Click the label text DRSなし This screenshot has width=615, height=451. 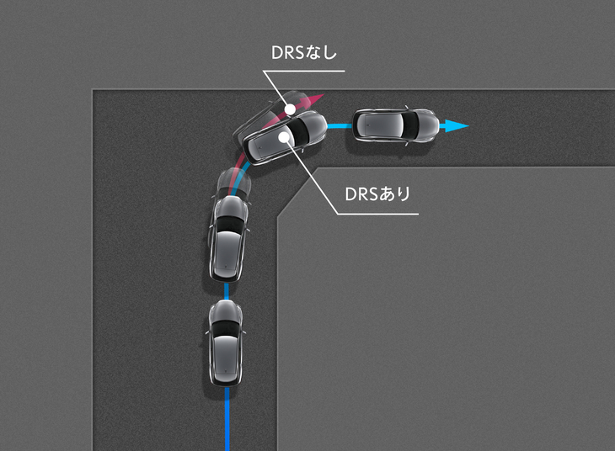point(304,53)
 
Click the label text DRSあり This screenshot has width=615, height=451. point(377,194)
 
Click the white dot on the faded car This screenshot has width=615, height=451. point(290,109)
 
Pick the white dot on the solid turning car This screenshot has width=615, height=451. point(284,137)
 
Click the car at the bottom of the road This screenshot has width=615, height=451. point(225,342)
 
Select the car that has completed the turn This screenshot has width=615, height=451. point(396,125)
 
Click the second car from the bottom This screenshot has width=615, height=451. point(228,238)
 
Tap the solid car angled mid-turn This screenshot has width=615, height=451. point(285,137)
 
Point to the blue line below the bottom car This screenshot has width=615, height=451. point(227,418)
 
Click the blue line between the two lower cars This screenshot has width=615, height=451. point(227,291)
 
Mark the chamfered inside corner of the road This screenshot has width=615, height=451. point(297,192)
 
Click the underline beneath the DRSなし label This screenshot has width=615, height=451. point(303,71)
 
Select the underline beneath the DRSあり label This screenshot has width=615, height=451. point(377,214)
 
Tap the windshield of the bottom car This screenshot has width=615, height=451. point(225,327)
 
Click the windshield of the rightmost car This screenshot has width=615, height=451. point(410,125)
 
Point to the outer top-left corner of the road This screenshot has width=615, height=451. point(93,90)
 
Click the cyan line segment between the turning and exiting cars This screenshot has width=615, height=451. point(340,126)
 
